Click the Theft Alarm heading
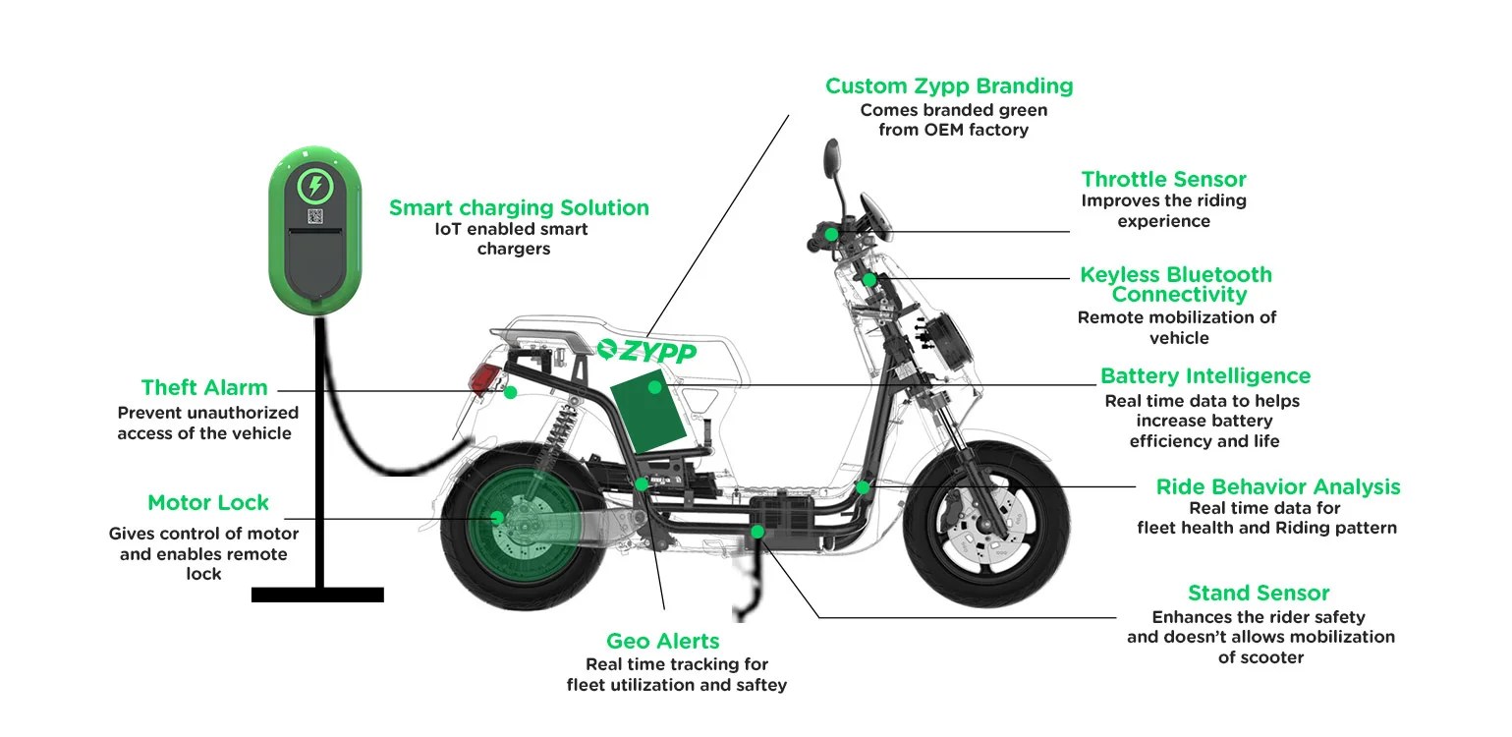204,387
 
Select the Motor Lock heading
207,503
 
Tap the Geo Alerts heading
662,642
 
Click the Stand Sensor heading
1258,594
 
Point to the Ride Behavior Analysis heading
1277,487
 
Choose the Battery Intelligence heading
1204,376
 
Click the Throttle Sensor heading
1163,180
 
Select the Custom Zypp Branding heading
948,86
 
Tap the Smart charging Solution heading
519,208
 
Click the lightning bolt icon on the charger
314,185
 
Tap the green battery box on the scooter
643,413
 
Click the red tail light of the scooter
483,378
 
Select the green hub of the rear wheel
501,518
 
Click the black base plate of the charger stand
317,595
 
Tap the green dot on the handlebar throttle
831,234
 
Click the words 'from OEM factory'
953,130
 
